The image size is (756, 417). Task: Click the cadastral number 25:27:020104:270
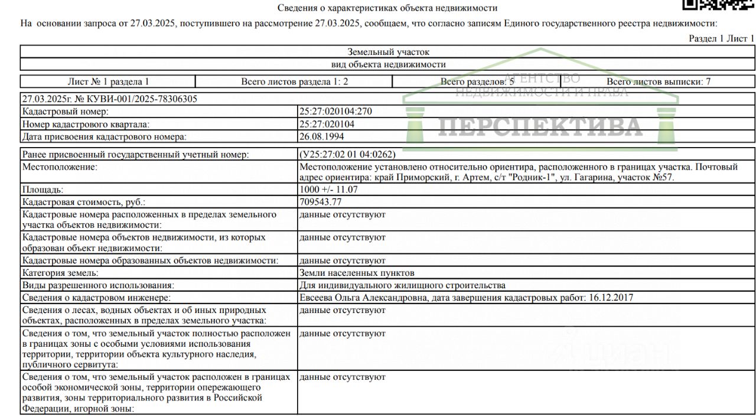(x=335, y=111)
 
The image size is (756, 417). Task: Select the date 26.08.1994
(x=321, y=136)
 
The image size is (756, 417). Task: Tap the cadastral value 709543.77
(x=321, y=202)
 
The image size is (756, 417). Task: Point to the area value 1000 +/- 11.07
(x=328, y=190)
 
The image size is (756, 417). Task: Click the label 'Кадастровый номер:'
(x=66, y=111)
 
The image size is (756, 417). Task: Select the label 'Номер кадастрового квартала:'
(x=86, y=124)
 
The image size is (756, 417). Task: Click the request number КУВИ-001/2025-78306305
(x=143, y=99)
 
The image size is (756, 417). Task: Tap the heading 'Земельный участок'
(x=388, y=52)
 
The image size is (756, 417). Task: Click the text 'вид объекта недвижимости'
(x=388, y=64)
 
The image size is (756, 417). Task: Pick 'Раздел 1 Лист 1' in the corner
(x=721, y=38)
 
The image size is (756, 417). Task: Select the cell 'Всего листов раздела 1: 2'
(x=294, y=82)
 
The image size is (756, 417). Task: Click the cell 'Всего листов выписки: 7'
(x=658, y=82)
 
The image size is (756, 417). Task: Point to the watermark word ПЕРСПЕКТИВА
(x=540, y=126)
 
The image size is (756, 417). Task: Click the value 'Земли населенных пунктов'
(x=357, y=273)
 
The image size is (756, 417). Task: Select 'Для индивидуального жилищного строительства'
(x=402, y=285)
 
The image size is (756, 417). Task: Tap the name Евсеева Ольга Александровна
(x=363, y=298)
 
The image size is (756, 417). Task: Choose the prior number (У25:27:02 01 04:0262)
(x=347, y=154)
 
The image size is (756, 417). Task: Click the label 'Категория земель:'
(x=60, y=273)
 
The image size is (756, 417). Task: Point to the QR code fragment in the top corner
(x=718, y=5)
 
